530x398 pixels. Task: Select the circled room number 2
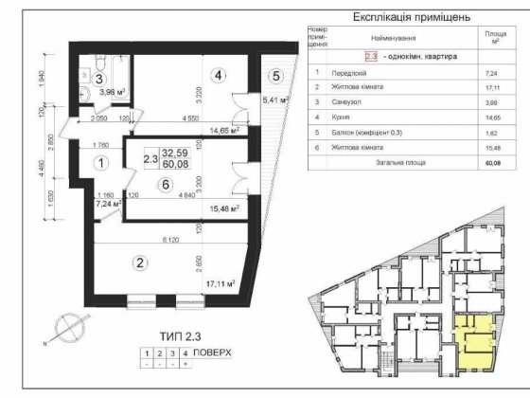click(140, 263)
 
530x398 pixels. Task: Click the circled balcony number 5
click(275, 76)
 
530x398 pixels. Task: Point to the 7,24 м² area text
click(110, 203)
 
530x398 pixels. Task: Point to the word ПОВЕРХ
click(212, 351)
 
